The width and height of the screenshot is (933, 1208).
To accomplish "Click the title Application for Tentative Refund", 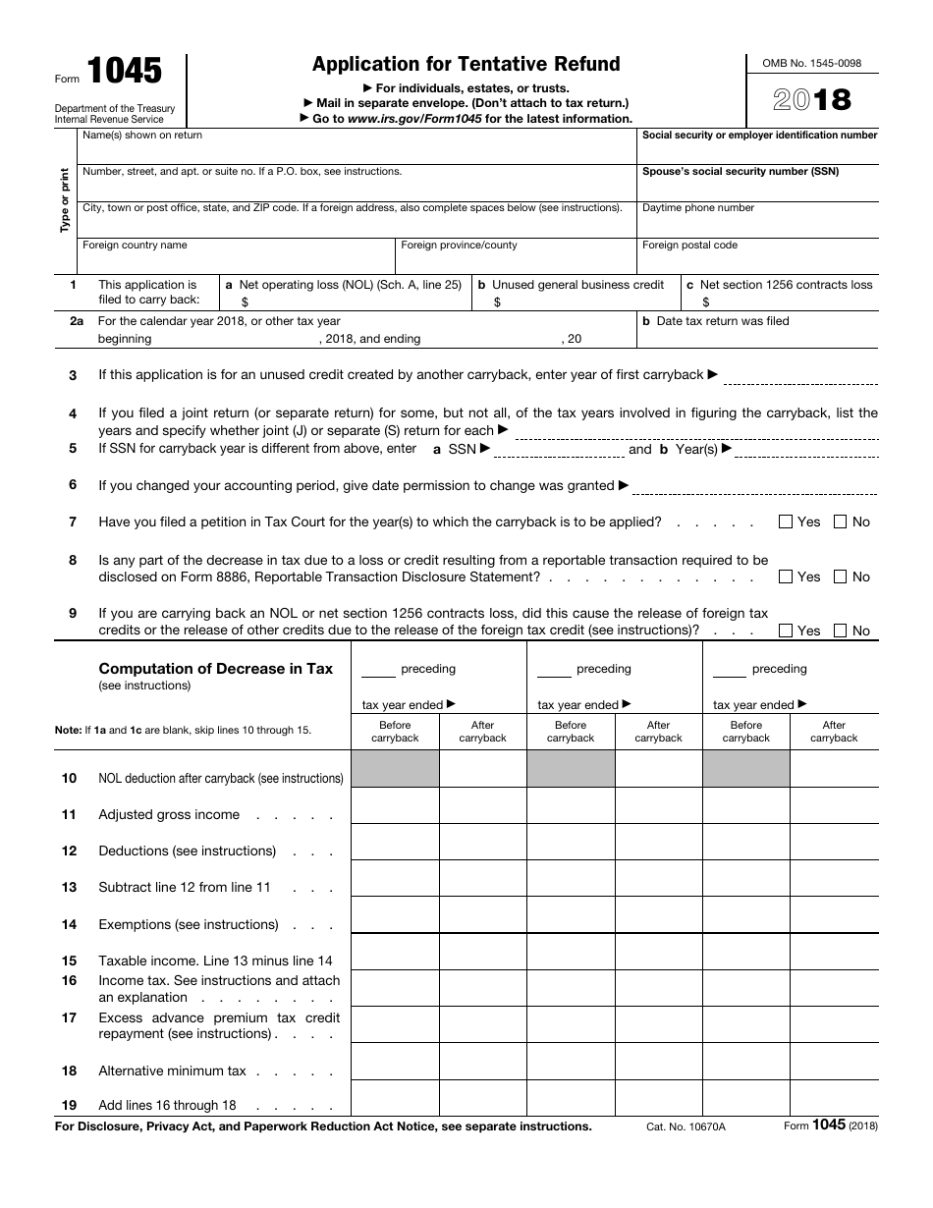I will [x=466, y=64].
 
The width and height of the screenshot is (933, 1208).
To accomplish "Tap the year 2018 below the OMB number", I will [x=812, y=99].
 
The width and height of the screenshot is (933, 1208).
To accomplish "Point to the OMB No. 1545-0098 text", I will [x=812, y=63].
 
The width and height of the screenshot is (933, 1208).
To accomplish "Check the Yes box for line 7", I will [x=785, y=522].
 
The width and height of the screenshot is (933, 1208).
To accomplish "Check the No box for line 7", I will [x=840, y=522].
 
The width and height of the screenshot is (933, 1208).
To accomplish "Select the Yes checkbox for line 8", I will [x=785, y=577].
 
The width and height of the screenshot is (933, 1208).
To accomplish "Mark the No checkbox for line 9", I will [x=840, y=631].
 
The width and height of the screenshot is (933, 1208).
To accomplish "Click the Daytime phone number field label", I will [x=698, y=208].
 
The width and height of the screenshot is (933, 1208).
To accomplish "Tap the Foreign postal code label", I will [x=689, y=246].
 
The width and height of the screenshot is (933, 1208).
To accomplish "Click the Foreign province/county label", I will [x=459, y=246].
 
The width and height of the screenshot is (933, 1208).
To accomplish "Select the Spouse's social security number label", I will [x=740, y=172].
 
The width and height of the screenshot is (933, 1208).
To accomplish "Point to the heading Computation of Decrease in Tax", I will [x=215, y=669].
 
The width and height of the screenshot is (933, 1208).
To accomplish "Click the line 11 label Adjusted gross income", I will [x=169, y=814].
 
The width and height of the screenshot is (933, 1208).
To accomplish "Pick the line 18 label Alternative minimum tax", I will [x=172, y=1071].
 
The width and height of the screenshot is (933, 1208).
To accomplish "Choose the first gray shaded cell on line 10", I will [x=395, y=769].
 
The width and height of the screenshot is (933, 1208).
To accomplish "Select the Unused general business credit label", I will [x=577, y=285].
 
